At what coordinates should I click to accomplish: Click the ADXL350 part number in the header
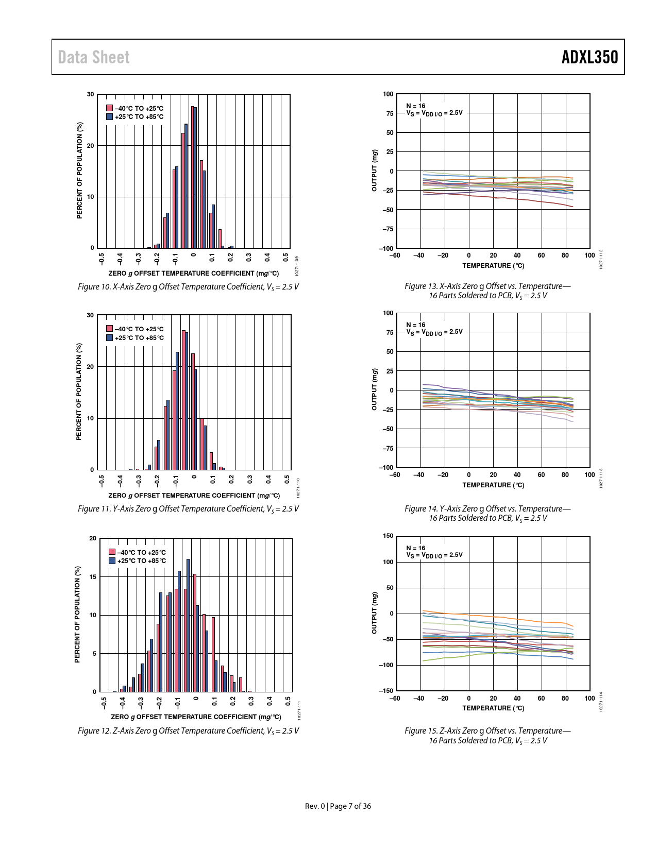(x=589, y=57)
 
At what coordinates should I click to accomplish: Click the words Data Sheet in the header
(x=94, y=57)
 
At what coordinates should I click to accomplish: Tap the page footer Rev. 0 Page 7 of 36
(x=338, y=806)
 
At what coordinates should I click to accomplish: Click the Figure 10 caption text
(x=188, y=286)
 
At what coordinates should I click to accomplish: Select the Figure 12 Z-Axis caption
(x=188, y=730)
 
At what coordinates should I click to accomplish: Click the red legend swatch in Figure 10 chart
(x=109, y=108)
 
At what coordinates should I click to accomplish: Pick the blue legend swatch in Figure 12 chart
(x=112, y=560)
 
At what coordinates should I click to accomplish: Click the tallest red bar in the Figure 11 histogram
(x=183, y=400)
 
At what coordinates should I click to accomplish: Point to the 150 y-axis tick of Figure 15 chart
(x=388, y=536)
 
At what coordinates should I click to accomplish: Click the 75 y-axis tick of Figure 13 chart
(x=389, y=113)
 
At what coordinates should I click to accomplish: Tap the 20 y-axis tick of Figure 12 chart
(x=93, y=538)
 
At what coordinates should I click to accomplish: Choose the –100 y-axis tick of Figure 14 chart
(x=386, y=467)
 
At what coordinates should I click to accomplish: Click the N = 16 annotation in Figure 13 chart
(x=415, y=106)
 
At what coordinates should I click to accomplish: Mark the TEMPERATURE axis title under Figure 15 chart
(x=493, y=708)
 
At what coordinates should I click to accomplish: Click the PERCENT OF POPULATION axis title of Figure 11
(x=79, y=392)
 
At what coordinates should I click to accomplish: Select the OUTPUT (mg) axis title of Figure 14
(x=375, y=389)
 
